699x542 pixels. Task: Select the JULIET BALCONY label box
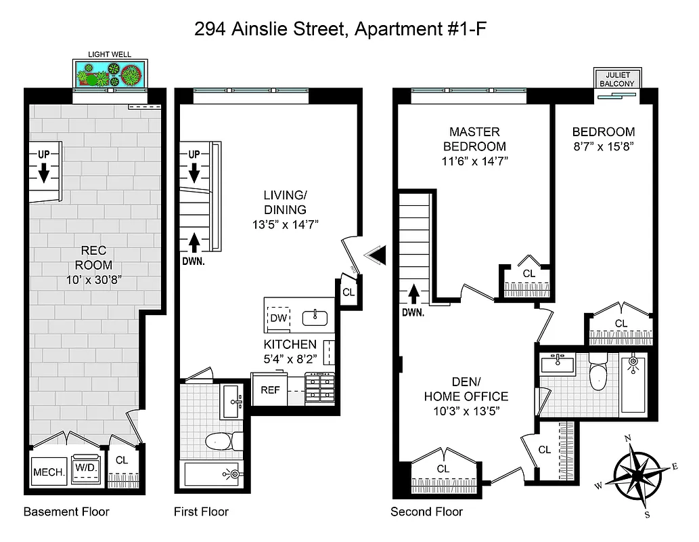(x=616, y=79)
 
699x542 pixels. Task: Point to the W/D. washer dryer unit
(x=86, y=469)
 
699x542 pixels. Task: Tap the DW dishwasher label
(x=279, y=318)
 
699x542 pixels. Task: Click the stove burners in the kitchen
(x=319, y=389)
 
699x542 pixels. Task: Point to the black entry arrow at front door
(x=375, y=255)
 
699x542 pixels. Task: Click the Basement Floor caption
(x=66, y=512)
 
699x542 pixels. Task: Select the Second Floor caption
(x=426, y=512)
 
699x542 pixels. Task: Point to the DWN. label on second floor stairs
(x=412, y=313)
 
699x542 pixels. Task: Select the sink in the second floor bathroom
(x=558, y=364)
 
